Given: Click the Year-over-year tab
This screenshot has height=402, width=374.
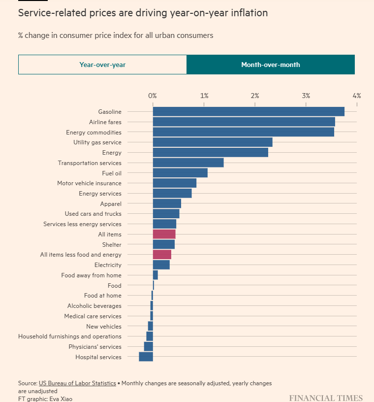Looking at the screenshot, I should pyautogui.click(x=102, y=65).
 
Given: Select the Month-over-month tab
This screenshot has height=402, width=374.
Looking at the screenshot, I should pyautogui.click(x=270, y=65).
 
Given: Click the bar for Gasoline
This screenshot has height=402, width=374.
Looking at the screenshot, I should pyautogui.click(x=249, y=112).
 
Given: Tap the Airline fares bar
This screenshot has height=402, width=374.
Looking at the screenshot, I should pyautogui.click(x=244, y=122).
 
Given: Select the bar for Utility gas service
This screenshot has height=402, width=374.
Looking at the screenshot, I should pyautogui.click(x=213, y=142).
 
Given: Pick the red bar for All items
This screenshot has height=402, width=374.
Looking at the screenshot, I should pyautogui.click(x=164, y=234).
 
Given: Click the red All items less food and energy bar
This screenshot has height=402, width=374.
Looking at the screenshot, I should pyautogui.click(x=162, y=255).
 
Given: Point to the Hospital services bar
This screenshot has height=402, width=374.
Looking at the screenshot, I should pyautogui.click(x=146, y=357).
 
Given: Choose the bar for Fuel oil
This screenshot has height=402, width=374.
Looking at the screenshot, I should pyautogui.click(x=180, y=173).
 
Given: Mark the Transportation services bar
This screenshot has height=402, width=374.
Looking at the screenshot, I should pyautogui.click(x=188, y=163).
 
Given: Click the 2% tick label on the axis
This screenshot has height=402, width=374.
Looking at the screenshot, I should pyautogui.click(x=255, y=96).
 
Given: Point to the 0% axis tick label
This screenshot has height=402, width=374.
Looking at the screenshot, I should pyautogui.click(x=153, y=96).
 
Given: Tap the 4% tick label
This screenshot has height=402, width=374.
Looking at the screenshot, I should pyautogui.click(x=356, y=96).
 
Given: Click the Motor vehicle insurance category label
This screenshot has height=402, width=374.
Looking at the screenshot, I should pyautogui.click(x=89, y=183).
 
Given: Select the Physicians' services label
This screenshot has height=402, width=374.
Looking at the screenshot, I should pyautogui.click(x=94, y=347).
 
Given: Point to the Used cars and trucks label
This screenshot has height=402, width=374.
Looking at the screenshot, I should pyautogui.click(x=93, y=214).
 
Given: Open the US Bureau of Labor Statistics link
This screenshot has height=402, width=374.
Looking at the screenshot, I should pyautogui.click(x=77, y=383).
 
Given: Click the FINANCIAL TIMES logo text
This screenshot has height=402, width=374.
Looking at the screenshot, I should pyautogui.click(x=325, y=398).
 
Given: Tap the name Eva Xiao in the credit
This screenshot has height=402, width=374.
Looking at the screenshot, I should pyautogui.click(x=61, y=399).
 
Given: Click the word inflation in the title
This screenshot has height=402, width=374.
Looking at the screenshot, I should pyautogui.click(x=247, y=13).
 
